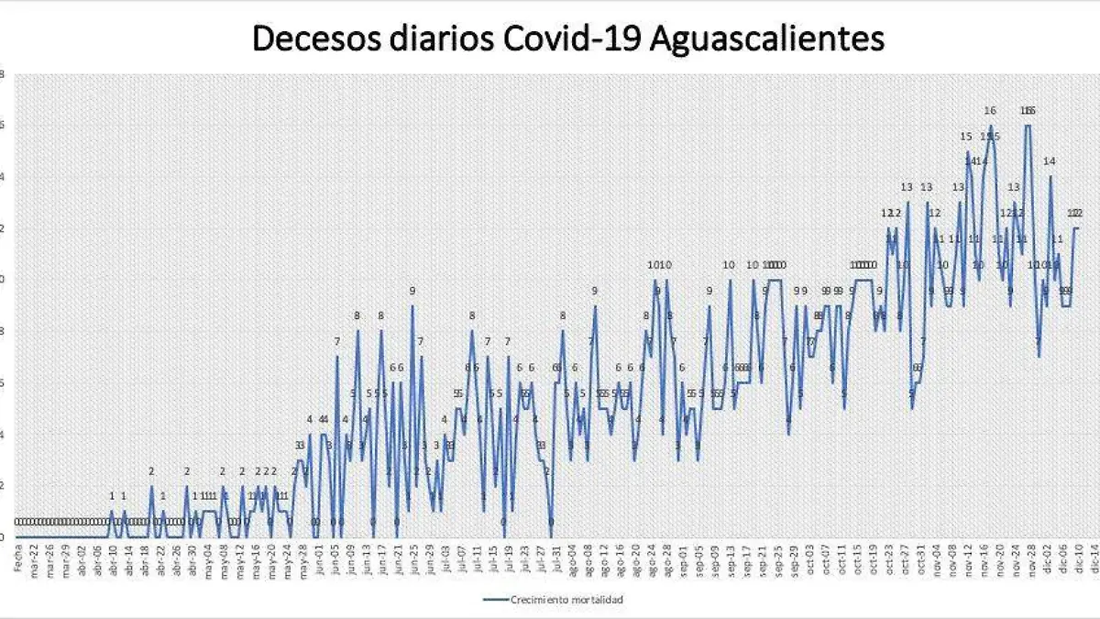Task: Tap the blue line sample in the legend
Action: pyautogui.click(x=502, y=600)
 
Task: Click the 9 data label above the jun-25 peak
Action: pyautogui.click(x=412, y=292)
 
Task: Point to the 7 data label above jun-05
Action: pyautogui.click(x=336, y=343)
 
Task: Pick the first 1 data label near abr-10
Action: pyautogui.click(x=112, y=498)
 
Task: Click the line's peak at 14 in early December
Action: pyautogui.click(x=1050, y=177)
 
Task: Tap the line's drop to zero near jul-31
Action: pyautogui.click(x=551, y=536)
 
